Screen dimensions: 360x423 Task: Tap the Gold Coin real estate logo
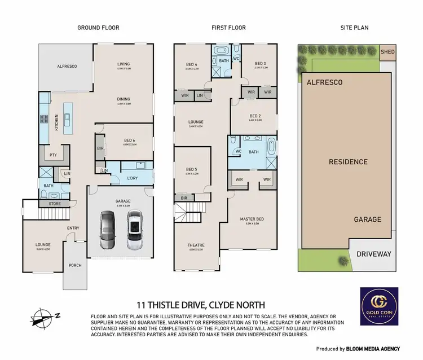[379, 305]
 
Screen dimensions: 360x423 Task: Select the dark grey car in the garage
[109, 230]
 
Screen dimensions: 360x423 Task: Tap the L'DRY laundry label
[133, 178]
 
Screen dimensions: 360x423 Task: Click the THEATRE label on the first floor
[196, 245]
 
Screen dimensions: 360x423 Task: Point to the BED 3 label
[259, 64]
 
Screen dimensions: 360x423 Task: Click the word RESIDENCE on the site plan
[348, 162]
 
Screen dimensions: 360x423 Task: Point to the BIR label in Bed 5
[184, 198]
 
